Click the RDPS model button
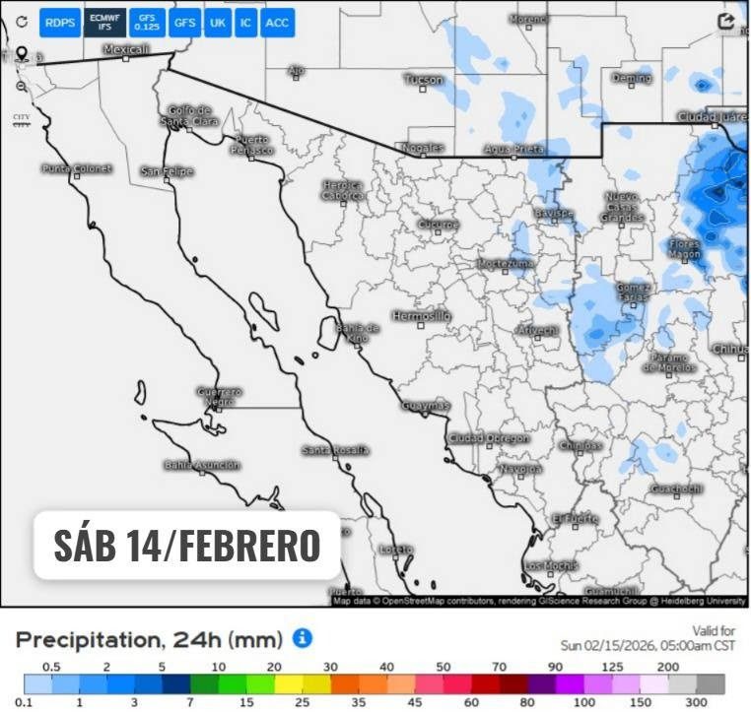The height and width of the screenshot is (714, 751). tap(59, 22)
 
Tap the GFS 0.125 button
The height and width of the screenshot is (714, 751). tap(146, 22)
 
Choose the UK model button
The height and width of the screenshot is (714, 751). tap(217, 22)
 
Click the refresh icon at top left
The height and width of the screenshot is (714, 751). tap(21, 22)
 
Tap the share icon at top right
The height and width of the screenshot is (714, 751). tap(726, 22)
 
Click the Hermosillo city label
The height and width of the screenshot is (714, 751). tap(421, 316)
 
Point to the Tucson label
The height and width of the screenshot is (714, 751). tap(424, 79)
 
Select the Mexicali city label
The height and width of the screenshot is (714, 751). tap(126, 49)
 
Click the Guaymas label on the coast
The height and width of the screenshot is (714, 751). tap(426, 406)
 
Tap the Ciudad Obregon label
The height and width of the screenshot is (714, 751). tap(489, 438)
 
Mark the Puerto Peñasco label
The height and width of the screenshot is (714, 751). tap(252, 145)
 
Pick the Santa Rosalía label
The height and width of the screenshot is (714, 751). tap(336, 450)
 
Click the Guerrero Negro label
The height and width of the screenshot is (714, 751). tap(219, 397)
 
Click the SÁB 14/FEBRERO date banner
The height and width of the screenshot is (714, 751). tap(187, 545)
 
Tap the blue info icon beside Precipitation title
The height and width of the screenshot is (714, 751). tap(303, 639)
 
